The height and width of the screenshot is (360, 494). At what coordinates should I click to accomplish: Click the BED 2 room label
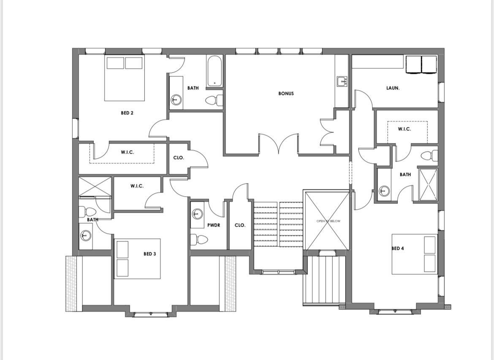point(127,113)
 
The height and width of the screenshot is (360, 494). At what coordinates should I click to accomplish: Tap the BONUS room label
point(286,93)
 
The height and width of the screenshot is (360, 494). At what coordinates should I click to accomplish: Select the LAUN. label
point(393,88)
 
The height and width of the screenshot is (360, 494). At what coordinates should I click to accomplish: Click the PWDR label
point(214,225)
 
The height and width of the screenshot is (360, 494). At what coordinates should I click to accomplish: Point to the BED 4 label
point(398,248)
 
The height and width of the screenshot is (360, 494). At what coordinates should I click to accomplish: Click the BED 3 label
point(149,254)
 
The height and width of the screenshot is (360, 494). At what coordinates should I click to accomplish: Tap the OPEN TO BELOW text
point(328,221)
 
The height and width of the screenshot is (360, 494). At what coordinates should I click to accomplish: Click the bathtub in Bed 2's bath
point(214,71)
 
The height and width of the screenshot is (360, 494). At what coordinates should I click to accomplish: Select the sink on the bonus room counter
point(342,81)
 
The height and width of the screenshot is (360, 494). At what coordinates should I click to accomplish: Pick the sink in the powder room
point(197,214)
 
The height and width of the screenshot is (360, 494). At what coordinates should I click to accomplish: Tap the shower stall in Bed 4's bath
point(428,184)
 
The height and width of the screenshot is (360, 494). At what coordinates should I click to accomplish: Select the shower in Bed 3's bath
point(95,187)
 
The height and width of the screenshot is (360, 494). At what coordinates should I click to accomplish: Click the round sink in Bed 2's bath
point(176,100)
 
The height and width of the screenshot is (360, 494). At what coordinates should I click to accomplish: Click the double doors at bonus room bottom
point(279,144)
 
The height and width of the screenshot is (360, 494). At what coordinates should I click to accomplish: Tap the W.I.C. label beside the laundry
point(404,129)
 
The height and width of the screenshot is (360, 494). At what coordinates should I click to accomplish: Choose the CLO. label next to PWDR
point(240,225)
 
